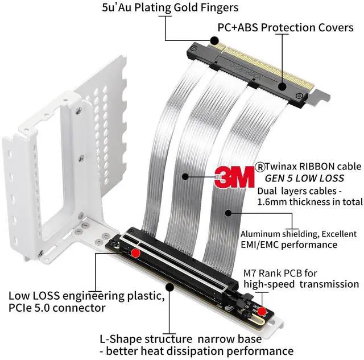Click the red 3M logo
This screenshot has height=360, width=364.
pyautogui.click(x=233, y=177)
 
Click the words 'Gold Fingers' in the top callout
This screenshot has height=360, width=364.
pyautogui.click(x=205, y=9)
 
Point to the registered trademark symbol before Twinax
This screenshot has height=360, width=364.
pyautogui.click(x=260, y=166)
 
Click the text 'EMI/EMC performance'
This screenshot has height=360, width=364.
pyautogui.click(x=289, y=245)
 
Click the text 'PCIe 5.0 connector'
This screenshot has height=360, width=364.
pyautogui.click(x=57, y=308)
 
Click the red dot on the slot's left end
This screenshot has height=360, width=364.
pyautogui.click(x=135, y=253)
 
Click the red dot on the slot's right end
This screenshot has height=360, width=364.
pyautogui.click(x=260, y=311)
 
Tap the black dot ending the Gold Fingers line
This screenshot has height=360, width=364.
pyautogui.click(x=214, y=40)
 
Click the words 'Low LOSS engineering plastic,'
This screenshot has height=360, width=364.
pyautogui.click(x=86, y=296)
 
